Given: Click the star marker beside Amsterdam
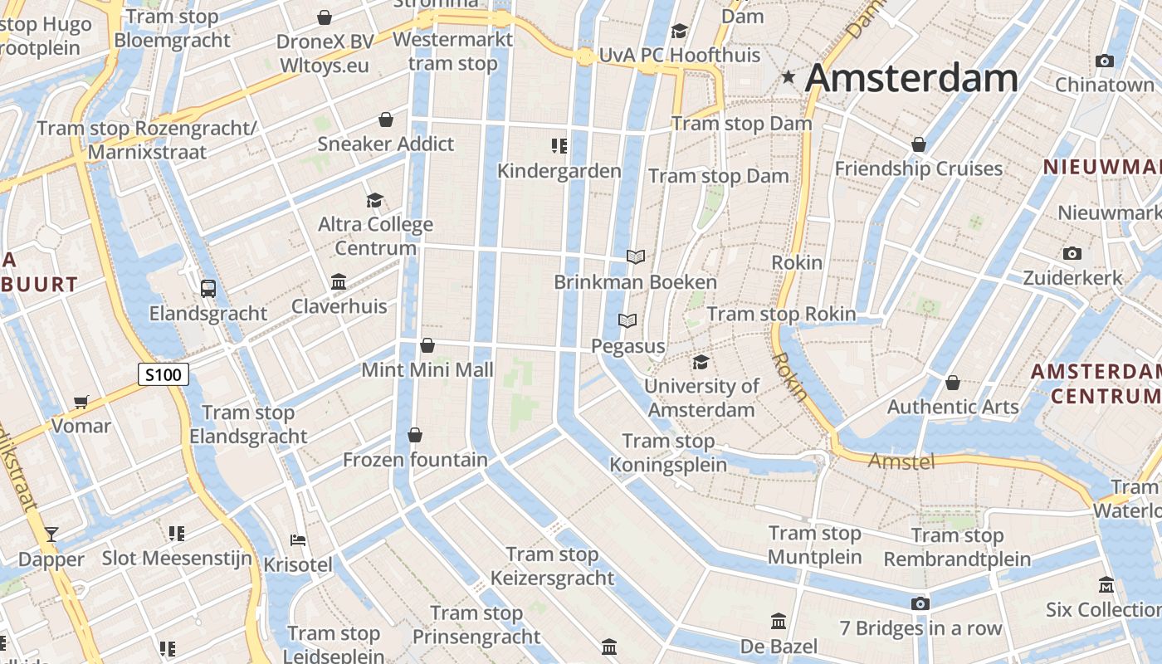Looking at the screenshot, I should [x=788, y=77].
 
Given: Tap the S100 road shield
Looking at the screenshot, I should [x=163, y=374].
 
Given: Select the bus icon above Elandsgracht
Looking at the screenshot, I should [x=208, y=289].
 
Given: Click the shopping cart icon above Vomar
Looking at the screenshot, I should [x=81, y=403].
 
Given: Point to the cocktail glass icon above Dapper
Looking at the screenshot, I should [x=51, y=534].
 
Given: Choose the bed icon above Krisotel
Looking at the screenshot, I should [x=298, y=540].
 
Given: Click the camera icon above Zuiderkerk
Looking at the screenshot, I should [x=1072, y=253].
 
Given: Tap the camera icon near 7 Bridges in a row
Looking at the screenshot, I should [x=920, y=603].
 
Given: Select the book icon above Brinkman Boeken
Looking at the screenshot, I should [x=636, y=257].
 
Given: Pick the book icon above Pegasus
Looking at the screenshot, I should [x=628, y=320].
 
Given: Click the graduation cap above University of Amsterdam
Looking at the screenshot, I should [x=701, y=362].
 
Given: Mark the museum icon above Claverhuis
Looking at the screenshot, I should [x=339, y=282].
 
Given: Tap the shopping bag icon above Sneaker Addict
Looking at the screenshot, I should [x=386, y=120].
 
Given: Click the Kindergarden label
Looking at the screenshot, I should [x=559, y=171].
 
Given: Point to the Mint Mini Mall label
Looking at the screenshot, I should [x=427, y=370].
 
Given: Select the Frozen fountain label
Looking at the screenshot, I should [x=415, y=459].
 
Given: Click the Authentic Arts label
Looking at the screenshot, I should [x=953, y=407].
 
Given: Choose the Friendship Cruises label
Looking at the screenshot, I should [x=919, y=168].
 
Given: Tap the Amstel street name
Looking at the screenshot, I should [x=901, y=461].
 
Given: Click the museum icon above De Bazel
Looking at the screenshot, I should [x=779, y=621].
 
